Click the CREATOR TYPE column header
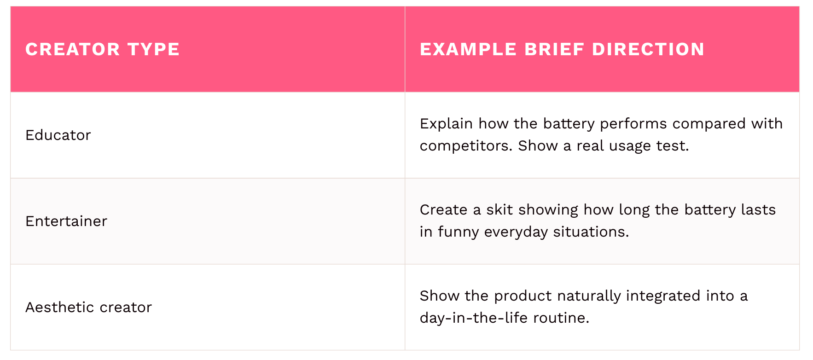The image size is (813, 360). [102, 49]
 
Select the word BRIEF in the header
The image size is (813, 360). [554, 49]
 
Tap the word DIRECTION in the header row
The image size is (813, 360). [648, 49]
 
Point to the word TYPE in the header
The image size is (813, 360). [153, 49]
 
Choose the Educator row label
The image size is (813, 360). [58, 135]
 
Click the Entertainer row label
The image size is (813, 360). [66, 221]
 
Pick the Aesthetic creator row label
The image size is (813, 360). [88, 307]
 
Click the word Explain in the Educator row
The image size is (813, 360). [446, 124]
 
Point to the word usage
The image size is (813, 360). [630, 146]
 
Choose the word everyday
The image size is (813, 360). [516, 232]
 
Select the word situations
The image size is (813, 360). [591, 232]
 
